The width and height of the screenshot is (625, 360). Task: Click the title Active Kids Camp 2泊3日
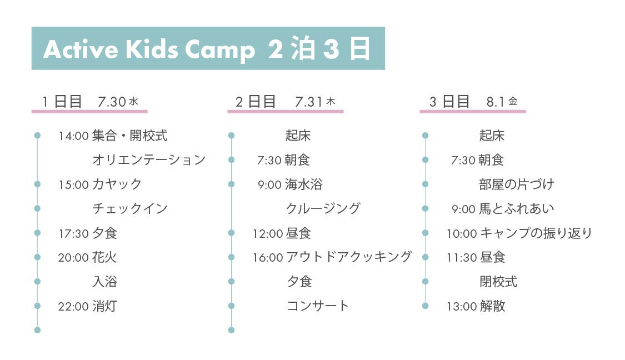[207, 49]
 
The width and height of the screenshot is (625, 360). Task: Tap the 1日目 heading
[62, 102]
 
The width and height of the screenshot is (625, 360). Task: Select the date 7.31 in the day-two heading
[308, 102]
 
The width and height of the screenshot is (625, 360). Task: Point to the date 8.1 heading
[496, 102]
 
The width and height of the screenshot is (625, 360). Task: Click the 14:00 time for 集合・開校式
[73, 136]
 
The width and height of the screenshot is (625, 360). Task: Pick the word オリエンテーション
[149, 160]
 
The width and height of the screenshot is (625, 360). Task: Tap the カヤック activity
[117, 184]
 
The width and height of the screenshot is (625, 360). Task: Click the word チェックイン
[130, 208]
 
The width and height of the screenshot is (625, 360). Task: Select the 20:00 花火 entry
[87, 257]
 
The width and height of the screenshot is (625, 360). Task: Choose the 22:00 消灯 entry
[87, 306]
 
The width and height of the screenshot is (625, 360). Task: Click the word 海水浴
[304, 184]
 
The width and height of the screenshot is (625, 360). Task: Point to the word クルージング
[323, 208]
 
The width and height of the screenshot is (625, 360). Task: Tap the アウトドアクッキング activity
[349, 257]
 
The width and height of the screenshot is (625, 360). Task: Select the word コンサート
[318, 306]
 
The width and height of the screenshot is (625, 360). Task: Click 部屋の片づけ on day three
[517, 184]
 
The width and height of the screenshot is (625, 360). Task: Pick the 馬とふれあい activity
[517, 208]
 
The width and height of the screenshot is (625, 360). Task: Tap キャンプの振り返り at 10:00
[536, 233]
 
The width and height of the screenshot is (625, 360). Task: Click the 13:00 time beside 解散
[462, 307]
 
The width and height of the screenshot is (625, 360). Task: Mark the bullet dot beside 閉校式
[426, 282]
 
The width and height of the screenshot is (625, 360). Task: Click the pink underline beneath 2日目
[286, 112]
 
